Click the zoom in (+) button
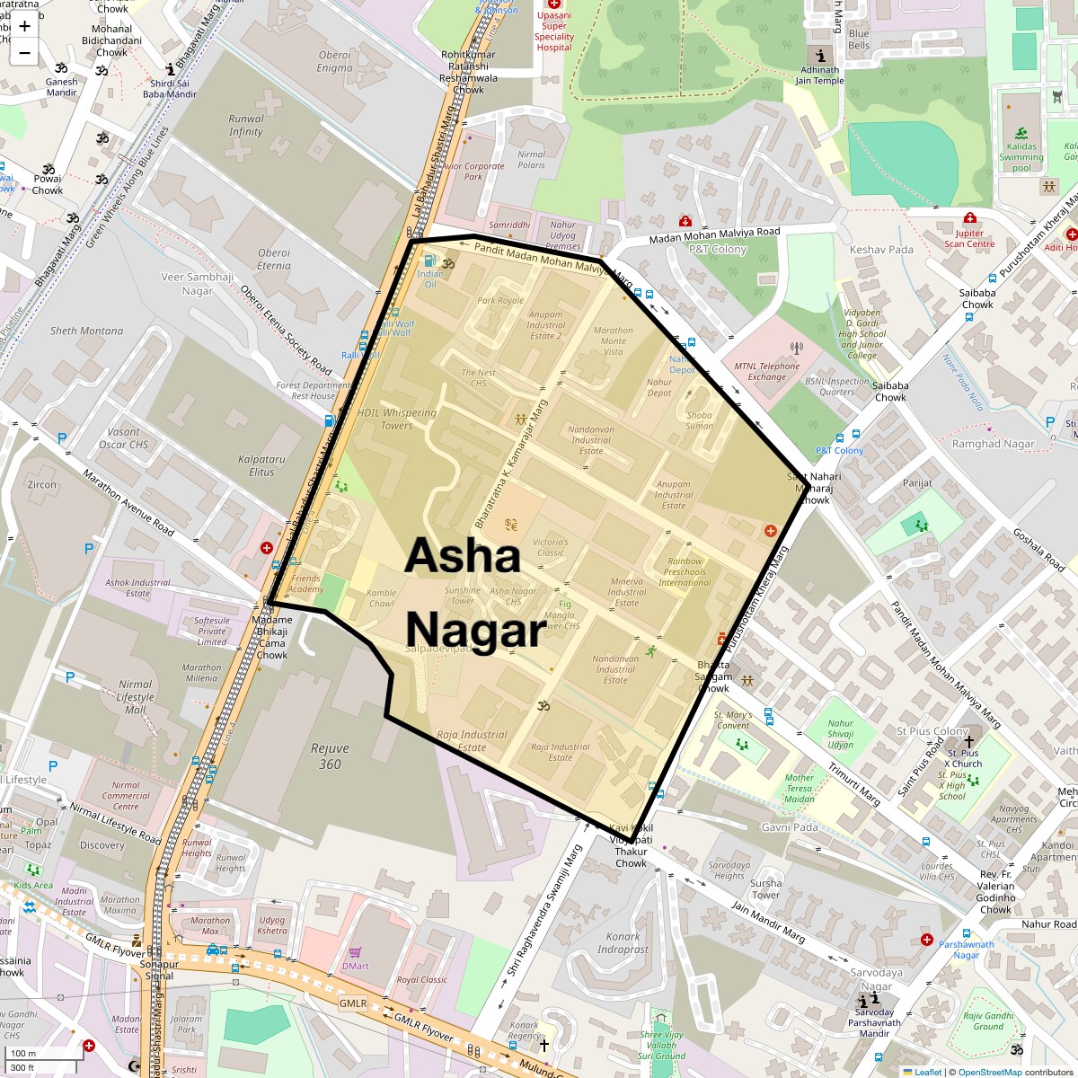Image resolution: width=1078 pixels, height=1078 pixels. coord(24,26)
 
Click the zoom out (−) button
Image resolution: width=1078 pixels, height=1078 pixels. coord(24,52)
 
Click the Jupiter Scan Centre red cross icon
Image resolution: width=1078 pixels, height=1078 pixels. coord(969,218)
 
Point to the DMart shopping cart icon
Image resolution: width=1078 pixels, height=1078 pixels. coord(355,952)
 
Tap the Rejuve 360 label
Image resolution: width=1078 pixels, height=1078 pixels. coord(330,755)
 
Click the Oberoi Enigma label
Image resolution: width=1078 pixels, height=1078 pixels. coord(334,61)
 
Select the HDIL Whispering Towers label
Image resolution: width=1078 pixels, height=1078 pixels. coord(396,419)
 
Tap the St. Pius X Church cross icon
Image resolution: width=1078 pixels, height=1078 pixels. coord(968,741)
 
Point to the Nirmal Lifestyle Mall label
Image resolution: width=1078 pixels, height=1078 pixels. coord(135,696)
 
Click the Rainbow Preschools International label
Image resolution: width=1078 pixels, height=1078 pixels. coord(685,571)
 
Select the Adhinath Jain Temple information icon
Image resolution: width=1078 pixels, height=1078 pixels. coord(819,55)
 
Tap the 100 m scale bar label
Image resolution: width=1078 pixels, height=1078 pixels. coord(23,1054)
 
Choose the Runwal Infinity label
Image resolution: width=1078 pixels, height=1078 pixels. coord(245,125)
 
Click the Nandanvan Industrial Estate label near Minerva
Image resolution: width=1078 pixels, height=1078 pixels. coord(615,668)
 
